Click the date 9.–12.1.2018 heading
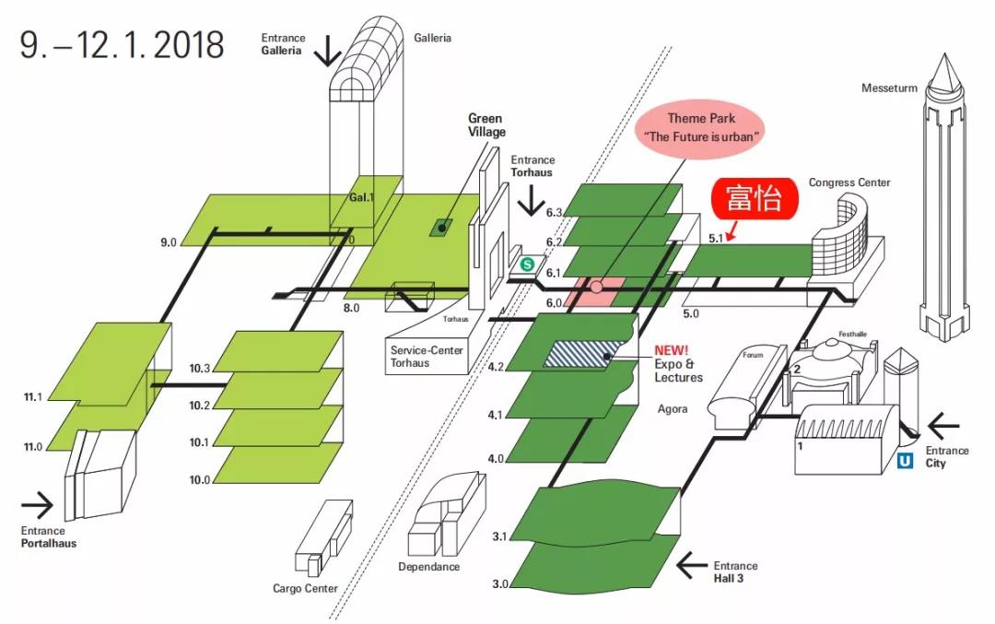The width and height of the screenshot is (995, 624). [123, 44]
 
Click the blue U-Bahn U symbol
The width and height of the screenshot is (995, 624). [905, 460]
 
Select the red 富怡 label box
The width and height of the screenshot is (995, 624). [753, 199]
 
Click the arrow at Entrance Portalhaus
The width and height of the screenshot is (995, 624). [38, 504]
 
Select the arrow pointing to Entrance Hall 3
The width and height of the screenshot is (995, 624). [694, 562]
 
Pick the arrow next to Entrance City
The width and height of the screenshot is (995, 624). [943, 426]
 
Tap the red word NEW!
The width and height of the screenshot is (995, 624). [672, 350]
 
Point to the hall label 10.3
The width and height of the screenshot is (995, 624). [199, 369]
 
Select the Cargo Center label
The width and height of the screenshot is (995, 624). [305, 588]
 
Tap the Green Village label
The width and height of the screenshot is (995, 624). [486, 124]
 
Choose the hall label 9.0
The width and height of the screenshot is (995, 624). [168, 242]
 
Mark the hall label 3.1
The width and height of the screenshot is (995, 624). [500, 536]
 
